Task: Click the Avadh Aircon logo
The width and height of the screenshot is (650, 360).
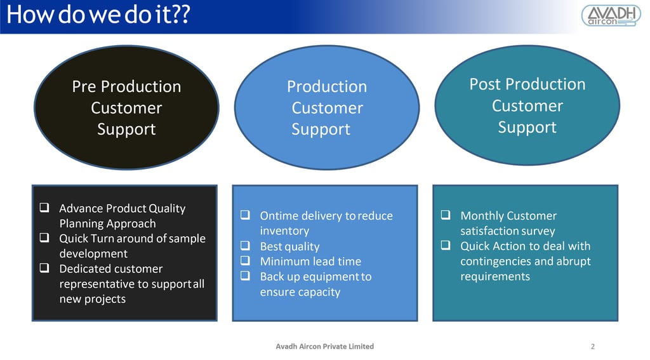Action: [x=611, y=15]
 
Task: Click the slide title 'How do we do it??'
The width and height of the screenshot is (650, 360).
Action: [x=98, y=15]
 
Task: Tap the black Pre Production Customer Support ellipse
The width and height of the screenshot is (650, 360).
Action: [x=126, y=107]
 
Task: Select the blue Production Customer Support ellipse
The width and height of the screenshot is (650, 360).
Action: [x=327, y=107]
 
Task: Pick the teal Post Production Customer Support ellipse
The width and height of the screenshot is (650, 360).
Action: [x=527, y=105]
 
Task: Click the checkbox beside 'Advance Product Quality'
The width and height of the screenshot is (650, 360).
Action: [x=45, y=208]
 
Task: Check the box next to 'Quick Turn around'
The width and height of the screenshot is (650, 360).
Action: [x=45, y=239]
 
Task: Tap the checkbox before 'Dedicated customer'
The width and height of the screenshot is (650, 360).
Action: [x=45, y=269]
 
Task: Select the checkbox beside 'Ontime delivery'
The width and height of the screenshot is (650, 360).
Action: [x=246, y=216]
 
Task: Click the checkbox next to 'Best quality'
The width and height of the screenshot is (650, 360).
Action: [x=246, y=246]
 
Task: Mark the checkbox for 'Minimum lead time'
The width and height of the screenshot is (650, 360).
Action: [x=246, y=262]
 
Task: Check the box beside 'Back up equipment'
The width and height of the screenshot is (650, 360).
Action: [x=246, y=277]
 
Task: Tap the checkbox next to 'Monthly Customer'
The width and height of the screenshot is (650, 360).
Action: [x=446, y=216]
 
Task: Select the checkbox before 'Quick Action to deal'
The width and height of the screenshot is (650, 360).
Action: [x=446, y=246]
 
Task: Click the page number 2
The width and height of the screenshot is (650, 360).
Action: [x=593, y=347]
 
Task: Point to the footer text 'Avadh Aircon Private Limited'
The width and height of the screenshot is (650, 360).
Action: [x=324, y=347]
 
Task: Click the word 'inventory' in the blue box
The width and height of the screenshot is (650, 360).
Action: [x=284, y=231]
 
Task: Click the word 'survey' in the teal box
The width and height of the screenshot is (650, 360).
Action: [x=538, y=231]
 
